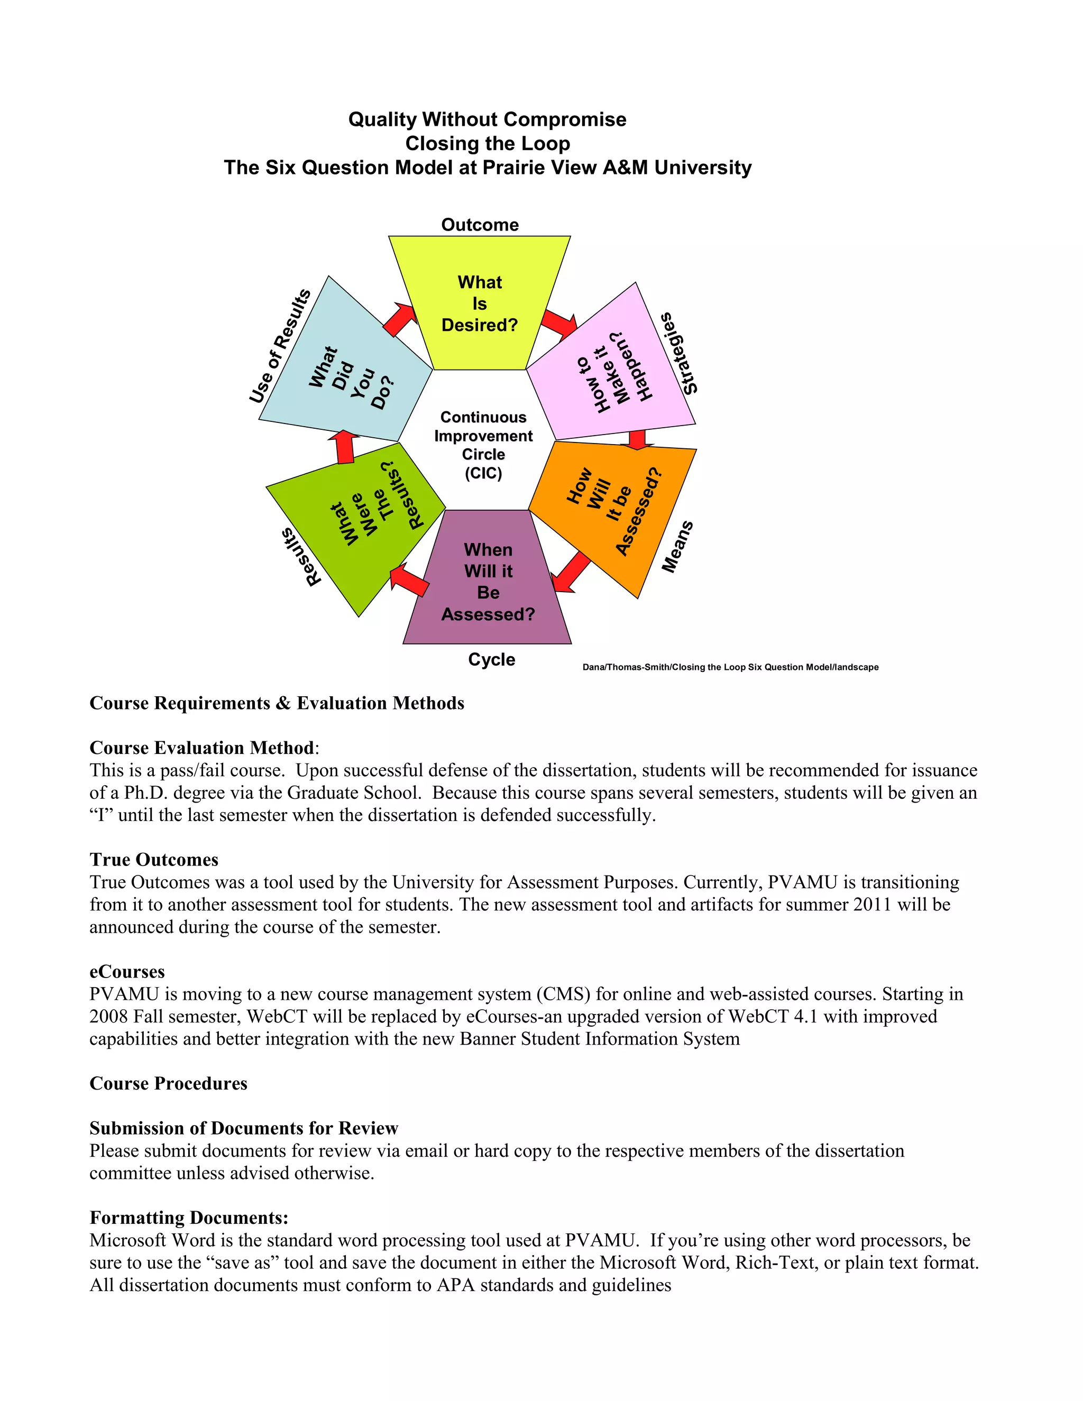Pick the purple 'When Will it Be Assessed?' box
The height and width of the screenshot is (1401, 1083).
(x=488, y=581)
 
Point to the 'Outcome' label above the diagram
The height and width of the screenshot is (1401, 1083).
(x=480, y=225)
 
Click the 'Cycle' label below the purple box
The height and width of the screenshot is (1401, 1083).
(x=491, y=659)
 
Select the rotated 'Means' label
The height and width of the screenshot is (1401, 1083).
(x=677, y=547)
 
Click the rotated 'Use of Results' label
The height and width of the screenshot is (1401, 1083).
(x=280, y=346)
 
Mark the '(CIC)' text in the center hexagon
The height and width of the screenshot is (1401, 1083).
(x=483, y=473)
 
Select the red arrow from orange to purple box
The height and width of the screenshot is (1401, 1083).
(x=571, y=572)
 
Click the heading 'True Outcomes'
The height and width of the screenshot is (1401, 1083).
(x=154, y=860)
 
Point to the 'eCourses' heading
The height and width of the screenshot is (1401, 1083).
(x=127, y=971)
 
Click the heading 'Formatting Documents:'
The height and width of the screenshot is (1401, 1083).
(x=189, y=1218)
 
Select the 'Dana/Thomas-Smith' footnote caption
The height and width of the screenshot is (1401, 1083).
(x=730, y=667)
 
